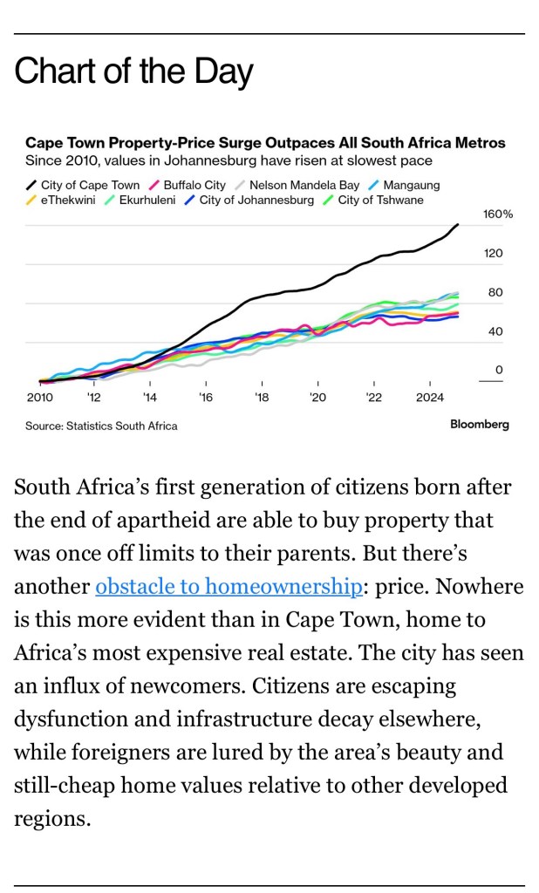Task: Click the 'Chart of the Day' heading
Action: point(133,72)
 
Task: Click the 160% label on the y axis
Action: point(498,214)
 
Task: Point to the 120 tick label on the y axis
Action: point(494,253)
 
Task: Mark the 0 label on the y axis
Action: point(499,370)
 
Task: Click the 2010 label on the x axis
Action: point(39,398)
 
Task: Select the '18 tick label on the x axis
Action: point(262,398)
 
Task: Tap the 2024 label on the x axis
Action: point(430,398)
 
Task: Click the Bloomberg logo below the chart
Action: point(479,425)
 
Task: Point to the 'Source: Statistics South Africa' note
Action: point(101,426)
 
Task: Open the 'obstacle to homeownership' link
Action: point(229,586)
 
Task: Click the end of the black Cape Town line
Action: point(458,224)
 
